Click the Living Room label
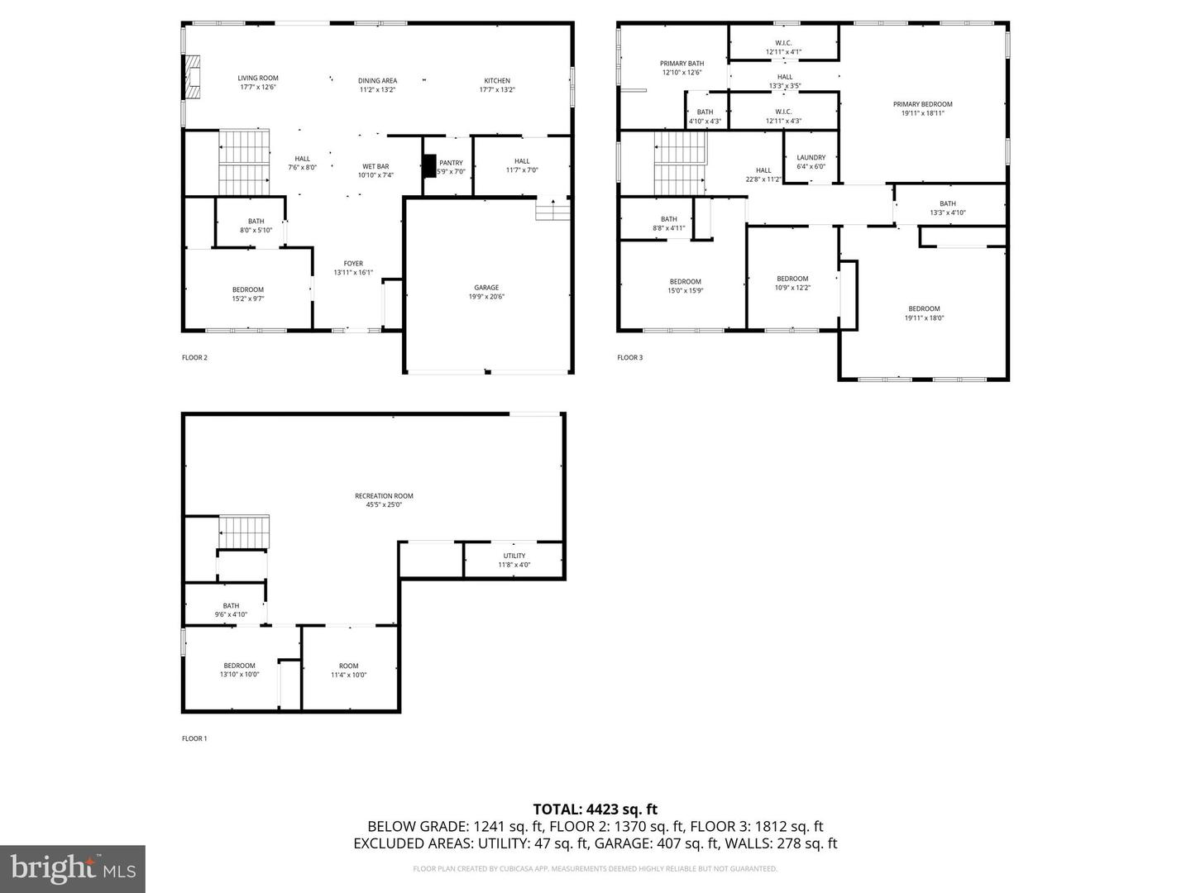coord(258,78)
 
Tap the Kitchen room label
coord(497,80)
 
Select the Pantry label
coord(451,163)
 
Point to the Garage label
coord(486,288)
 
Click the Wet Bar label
coord(375,166)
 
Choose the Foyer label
coord(353,264)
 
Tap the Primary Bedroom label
coord(922,104)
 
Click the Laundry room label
coord(811,157)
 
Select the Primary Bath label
coord(682,64)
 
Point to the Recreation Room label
coord(384,496)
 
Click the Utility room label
coord(514,556)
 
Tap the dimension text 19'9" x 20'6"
coord(486,297)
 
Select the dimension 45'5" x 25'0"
coord(384,505)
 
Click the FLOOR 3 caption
coord(629,358)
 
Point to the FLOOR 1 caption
coord(194,738)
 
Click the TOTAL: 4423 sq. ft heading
coord(595,809)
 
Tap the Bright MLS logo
coord(73,868)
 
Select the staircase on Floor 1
coord(245,531)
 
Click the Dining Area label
coord(377,80)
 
